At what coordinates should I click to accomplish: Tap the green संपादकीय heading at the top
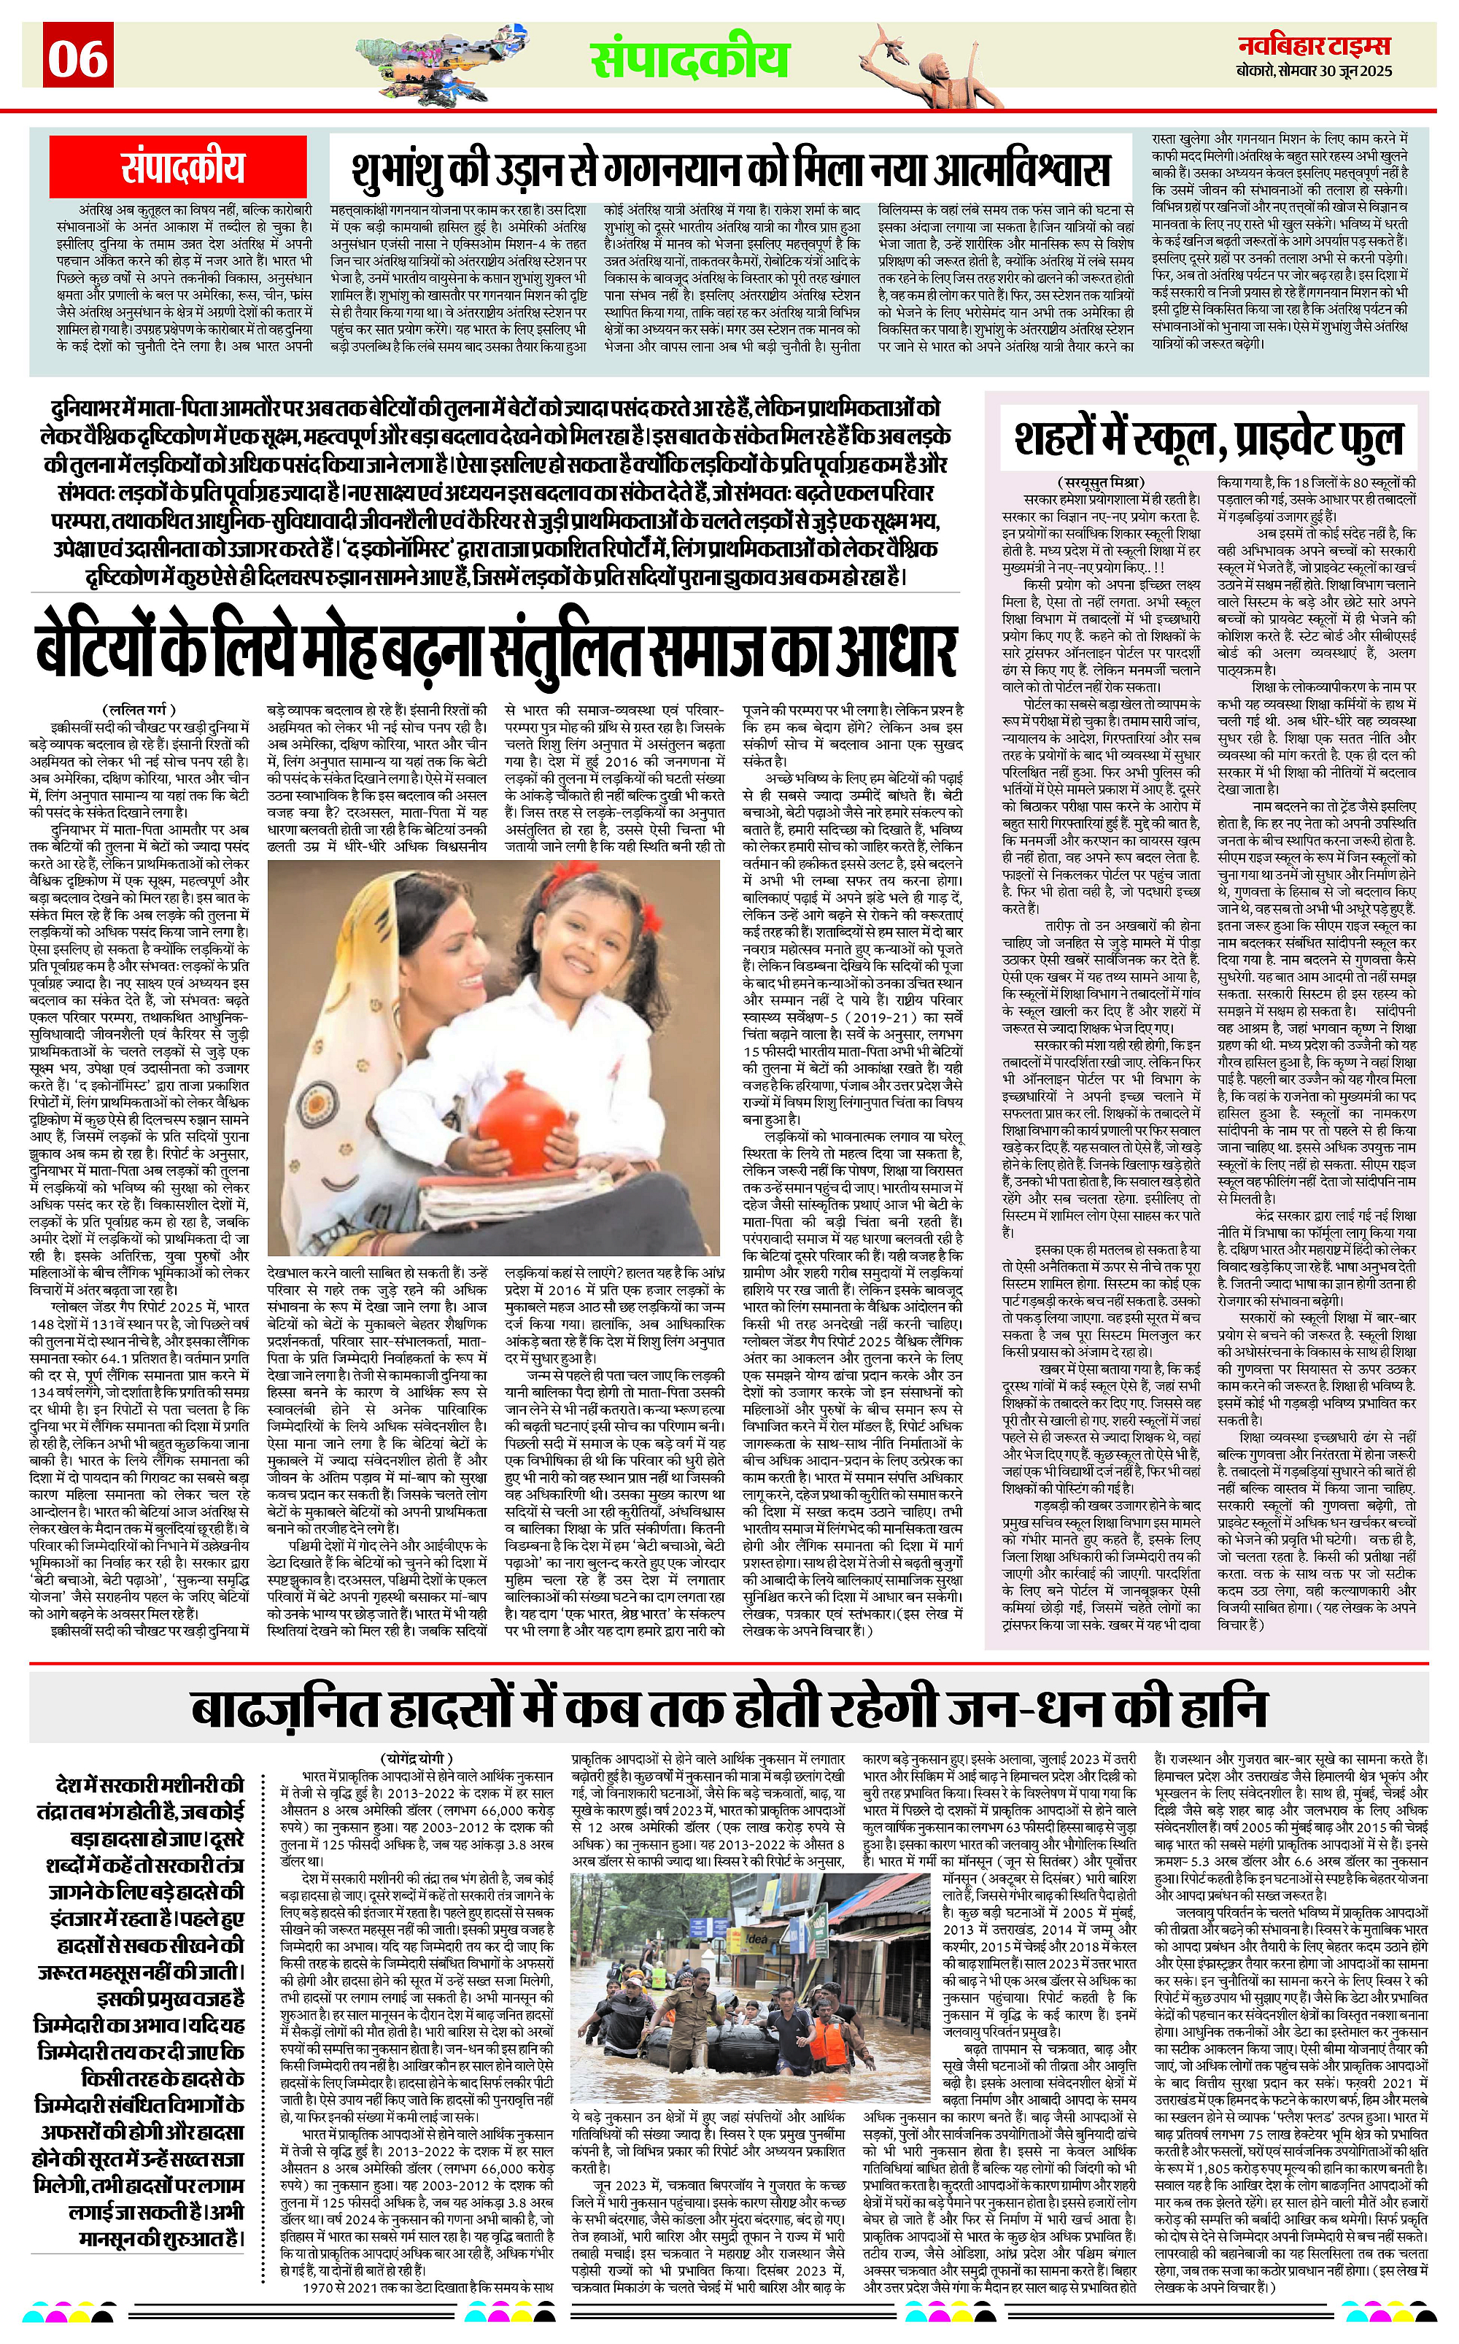point(689,60)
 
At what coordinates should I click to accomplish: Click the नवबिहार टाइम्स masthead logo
point(1315,45)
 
